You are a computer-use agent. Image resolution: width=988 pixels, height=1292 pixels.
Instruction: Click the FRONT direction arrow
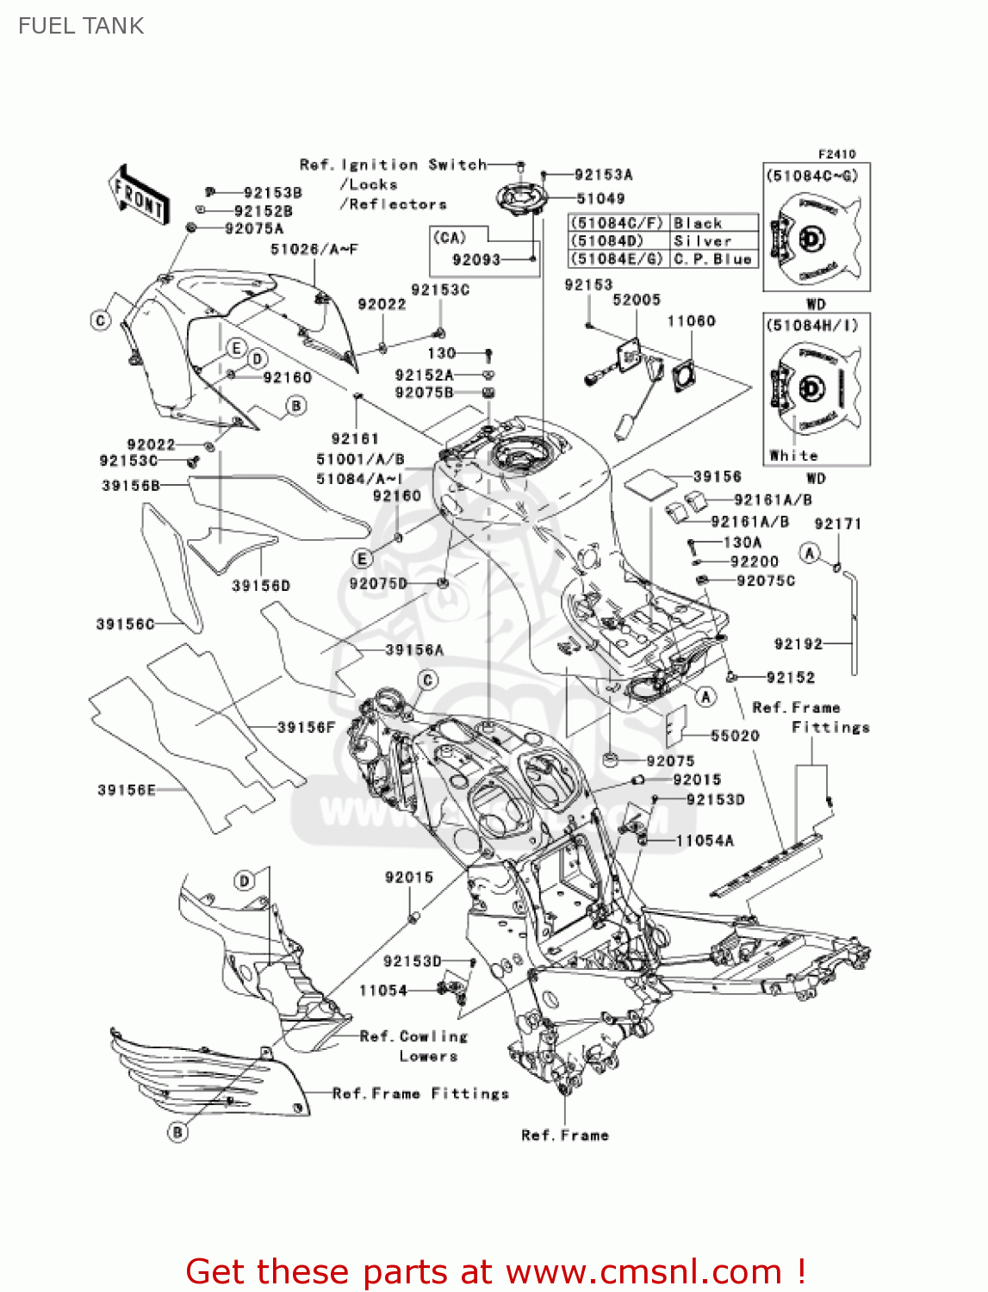tap(138, 195)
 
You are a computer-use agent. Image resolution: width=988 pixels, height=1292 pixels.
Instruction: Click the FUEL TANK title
tap(81, 26)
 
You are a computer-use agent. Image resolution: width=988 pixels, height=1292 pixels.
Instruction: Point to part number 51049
tap(600, 199)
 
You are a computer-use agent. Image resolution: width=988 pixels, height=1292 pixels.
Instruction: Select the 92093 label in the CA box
tap(476, 259)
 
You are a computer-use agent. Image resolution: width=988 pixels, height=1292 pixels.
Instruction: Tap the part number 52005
tap(637, 301)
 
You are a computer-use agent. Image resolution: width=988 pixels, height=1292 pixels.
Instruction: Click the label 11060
tap(691, 321)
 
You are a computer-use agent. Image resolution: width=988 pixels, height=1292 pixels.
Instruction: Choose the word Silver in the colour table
tap(702, 241)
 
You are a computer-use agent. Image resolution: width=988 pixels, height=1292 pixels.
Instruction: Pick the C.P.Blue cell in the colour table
tap(712, 258)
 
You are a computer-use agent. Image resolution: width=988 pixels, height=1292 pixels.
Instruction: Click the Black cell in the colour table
tap(697, 223)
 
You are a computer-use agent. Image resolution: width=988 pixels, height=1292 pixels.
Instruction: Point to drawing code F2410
tap(836, 154)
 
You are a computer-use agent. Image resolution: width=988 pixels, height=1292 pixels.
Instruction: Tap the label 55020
tap(735, 736)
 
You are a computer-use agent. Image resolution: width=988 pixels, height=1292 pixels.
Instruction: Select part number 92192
tap(798, 644)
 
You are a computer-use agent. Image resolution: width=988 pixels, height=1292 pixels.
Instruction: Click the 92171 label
tap(837, 524)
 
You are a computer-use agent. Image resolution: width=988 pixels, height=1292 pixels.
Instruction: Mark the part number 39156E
tap(127, 790)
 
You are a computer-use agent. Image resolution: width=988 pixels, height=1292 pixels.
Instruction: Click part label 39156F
tap(306, 728)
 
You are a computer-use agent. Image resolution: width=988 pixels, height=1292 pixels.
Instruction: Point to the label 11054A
tap(705, 841)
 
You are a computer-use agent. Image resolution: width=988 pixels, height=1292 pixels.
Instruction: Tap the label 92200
tap(754, 562)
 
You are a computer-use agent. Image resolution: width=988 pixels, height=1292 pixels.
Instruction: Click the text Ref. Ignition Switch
tap(393, 165)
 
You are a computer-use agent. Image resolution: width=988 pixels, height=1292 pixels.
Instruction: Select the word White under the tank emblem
tap(793, 456)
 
